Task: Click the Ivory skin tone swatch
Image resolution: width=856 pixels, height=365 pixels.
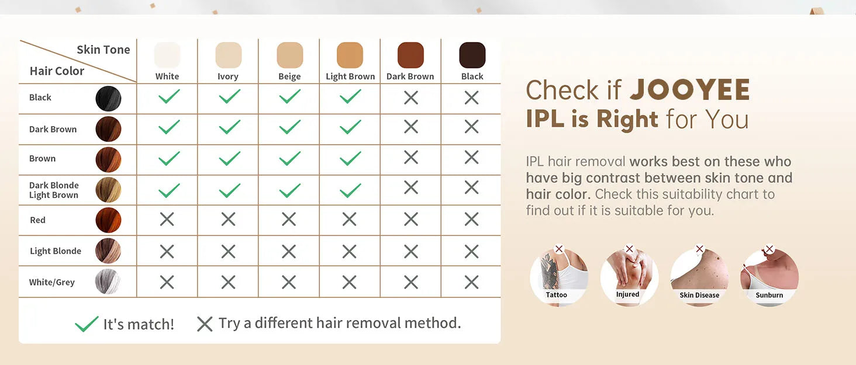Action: click(x=228, y=55)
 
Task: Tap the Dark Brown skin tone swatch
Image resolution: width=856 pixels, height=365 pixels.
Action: click(x=410, y=55)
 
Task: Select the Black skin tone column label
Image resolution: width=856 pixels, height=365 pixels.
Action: click(x=472, y=77)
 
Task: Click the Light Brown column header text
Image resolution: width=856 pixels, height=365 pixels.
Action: click(x=350, y=77)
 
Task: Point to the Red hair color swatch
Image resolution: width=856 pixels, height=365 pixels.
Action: click(x=108, y=220)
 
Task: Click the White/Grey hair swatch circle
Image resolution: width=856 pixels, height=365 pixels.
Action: click(x=108, y=281)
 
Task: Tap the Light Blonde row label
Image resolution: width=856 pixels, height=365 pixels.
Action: click(x=56, y=251)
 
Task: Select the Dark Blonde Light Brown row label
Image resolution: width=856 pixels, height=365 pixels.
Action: click(x=54, y=190)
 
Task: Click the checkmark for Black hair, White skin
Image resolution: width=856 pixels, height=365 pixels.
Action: click(x=168, y=96)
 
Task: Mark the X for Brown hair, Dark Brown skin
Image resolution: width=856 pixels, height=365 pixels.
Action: click(x=411, y=157)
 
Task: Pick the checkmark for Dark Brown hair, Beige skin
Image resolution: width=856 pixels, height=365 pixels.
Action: click(x=289, y=127)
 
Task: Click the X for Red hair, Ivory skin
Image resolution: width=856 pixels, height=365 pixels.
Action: click(x=228, y=219)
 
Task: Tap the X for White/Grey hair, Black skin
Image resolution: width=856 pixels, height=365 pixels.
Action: click(x=472, y=282)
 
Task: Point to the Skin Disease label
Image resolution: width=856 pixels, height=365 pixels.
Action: click(x=699, y=295)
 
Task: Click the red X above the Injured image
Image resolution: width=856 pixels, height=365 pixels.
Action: click(x=629, y=249)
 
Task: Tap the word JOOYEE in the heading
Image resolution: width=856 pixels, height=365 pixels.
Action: click(x=690, y=90)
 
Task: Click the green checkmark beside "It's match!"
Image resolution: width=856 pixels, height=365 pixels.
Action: click(x=87, y=324)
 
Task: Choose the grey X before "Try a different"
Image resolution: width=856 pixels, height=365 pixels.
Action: click(x=205, y=324)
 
